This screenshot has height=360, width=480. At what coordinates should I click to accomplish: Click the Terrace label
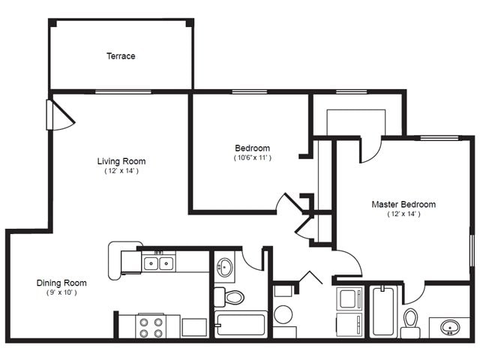tap(121, 56)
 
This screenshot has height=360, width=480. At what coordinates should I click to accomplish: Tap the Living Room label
tap(121, 161)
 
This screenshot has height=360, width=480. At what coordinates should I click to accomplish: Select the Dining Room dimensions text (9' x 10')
tap(61, 292)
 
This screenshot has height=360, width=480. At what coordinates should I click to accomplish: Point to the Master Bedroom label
tap(403, 204)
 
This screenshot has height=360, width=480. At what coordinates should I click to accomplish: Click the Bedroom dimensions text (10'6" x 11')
tap(253, 157)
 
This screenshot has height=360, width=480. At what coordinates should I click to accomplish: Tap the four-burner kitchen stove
tap(151, 327)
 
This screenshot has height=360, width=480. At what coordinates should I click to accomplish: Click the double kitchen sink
tap(158, 263)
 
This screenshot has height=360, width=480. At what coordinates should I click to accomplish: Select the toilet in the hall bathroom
tap(229, 297)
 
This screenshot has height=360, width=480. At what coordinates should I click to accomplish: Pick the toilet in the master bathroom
tap(410, 323)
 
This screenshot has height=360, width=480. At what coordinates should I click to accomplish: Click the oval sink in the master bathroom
tap(450, 327)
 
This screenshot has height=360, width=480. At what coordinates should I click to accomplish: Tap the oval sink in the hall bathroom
tap(224, 267)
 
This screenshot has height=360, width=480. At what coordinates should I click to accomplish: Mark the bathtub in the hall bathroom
tap(241, 325)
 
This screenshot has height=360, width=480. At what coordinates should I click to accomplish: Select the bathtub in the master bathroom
tap(383, 311)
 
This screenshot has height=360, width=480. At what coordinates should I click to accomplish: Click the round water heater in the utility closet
tap(283, 314)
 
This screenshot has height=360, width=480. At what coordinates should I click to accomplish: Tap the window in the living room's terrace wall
tap(123, 91)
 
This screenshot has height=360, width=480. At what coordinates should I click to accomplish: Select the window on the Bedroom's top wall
tap(250, 91)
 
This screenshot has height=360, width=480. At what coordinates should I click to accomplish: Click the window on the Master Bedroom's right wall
tap(472, 250)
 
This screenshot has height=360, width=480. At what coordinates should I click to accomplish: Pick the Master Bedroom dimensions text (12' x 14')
tap(403, 214)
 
